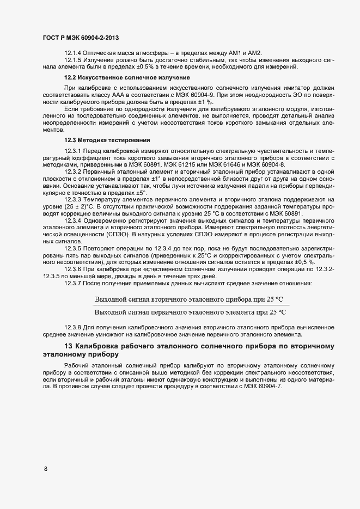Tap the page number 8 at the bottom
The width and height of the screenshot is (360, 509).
point(45,468)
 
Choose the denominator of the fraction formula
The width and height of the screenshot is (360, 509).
point(190,312)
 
